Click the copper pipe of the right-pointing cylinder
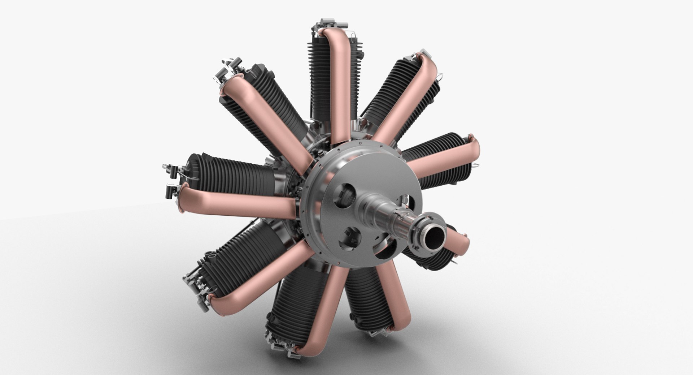coord(448,159)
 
